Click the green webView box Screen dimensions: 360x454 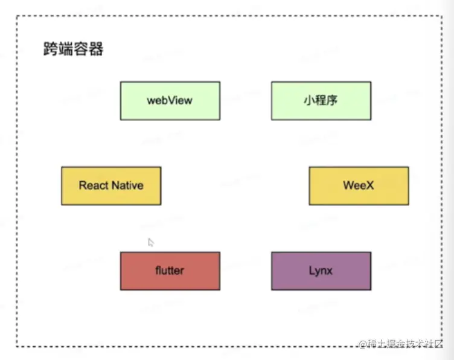[x=170, y=100]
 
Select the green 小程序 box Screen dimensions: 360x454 [x=321, y=100]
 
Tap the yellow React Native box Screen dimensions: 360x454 [x=111, y=185]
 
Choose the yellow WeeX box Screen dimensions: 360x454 [x=359, y=185]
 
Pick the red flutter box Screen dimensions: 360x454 [x=170, y=271]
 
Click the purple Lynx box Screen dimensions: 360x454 [x=321, y=271]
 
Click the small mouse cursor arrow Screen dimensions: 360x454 [x=150, y=242]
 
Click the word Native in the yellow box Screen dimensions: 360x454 [x=127, y=185]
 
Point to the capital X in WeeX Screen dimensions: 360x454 [x=369, y=185]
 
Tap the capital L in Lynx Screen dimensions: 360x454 [x=311, y=271]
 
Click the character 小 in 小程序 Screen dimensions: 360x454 [x=310, y=100]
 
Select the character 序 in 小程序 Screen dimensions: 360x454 [x=331, y=100]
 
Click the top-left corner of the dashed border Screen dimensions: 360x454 [x=17, y=16]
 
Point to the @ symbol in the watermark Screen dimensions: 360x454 [x=363, y=345]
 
